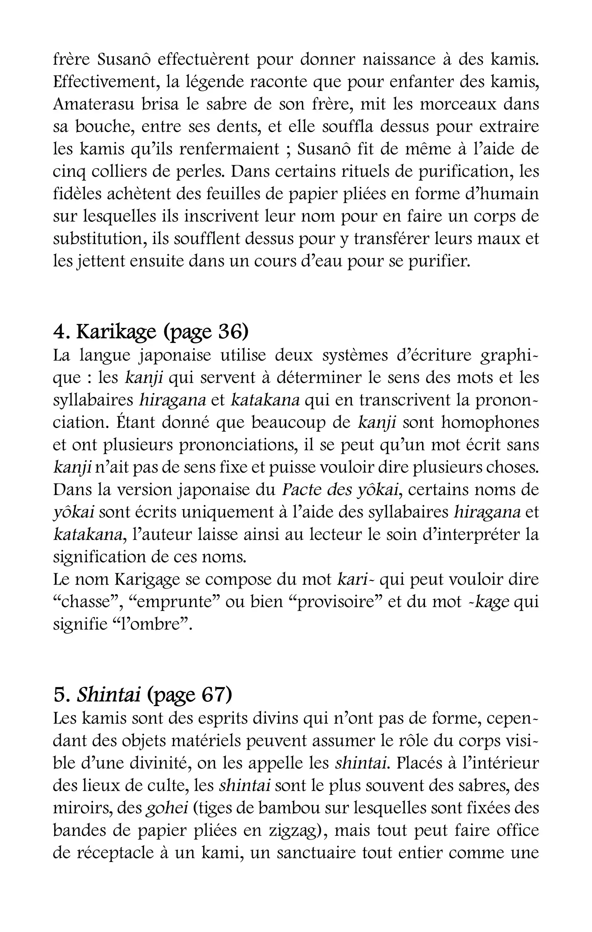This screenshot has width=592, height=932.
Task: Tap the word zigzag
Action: coord(295,831)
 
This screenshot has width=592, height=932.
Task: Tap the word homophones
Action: coord(490,423)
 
